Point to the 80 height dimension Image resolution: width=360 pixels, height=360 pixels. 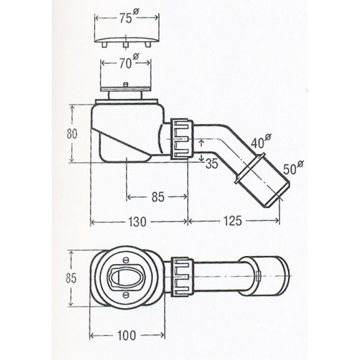click(72, 134)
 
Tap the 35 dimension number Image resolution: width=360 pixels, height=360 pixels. click(211, 163)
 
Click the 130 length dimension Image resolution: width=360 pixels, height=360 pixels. click(137, 222)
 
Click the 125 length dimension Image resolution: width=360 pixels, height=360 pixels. click(233, 221)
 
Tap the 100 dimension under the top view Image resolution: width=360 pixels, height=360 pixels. click(126, 336)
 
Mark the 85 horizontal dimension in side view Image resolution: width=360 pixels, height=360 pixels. click(158, 197)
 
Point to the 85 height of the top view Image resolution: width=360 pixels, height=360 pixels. click(71, 278)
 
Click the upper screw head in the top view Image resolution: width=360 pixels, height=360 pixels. click(126, 260)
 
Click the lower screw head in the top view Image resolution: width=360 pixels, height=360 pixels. click(126, 295)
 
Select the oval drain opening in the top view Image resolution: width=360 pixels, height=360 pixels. click(126, 277)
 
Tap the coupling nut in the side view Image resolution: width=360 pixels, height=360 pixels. click(182, 139)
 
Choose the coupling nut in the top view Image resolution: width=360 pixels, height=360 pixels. click(182, 276)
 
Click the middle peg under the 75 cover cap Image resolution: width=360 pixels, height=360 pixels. click(125, 45)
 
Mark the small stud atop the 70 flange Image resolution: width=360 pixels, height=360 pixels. click(126, 84)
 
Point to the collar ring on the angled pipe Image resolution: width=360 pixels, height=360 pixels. click(250, 168)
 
